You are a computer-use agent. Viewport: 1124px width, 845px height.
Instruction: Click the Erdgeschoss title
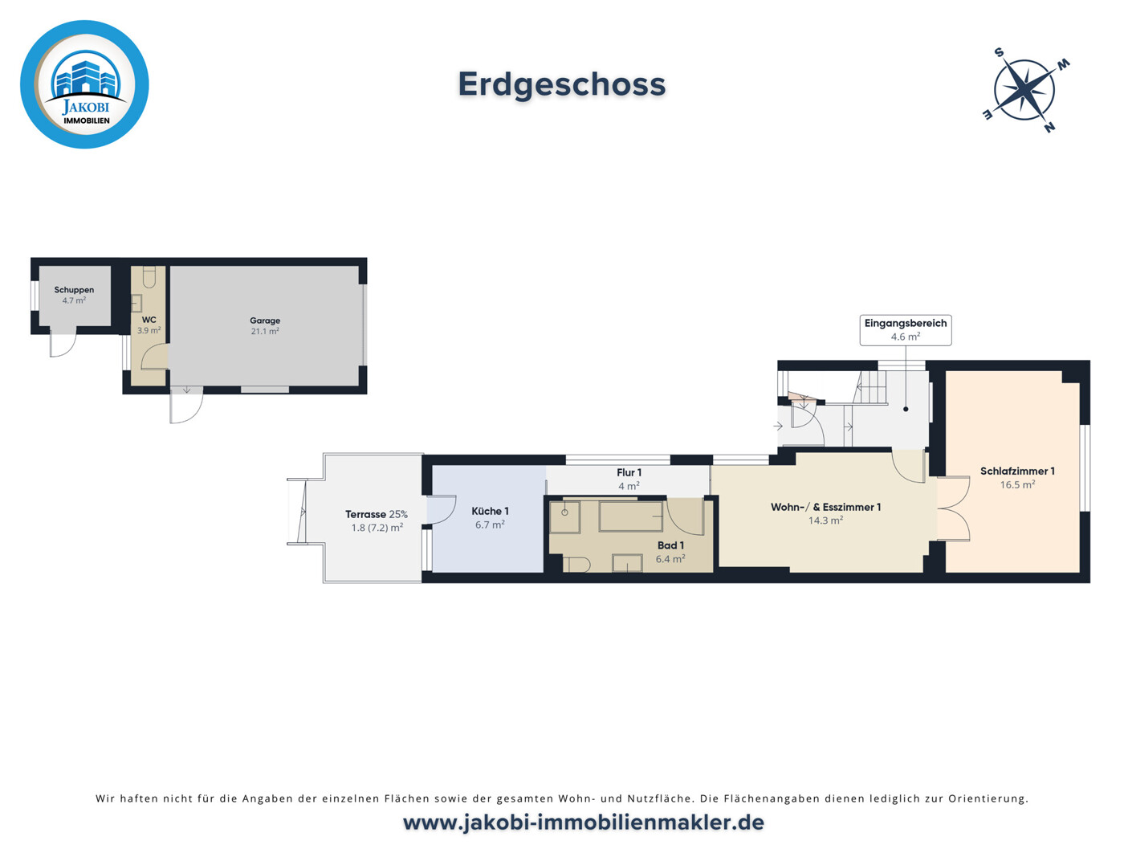tap(562, 84)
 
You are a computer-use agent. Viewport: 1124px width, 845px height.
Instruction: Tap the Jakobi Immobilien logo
tap(84, 84)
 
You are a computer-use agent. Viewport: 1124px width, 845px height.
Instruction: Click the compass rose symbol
tap(1024, 89)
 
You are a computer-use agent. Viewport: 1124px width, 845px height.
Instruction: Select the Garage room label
tap(265, 320)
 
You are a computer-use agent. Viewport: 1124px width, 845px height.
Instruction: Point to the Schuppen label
tap(74, 290)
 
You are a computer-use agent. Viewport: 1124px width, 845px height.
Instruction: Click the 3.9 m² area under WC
tap(149, 331)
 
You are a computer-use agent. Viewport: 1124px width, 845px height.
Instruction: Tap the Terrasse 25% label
tap(377, 514)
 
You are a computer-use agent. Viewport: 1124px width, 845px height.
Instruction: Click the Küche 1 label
tap(490, 511)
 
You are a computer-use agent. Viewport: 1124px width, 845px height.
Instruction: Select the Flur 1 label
tap(629, 473)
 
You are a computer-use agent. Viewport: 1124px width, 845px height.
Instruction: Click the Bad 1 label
tap(670, 545)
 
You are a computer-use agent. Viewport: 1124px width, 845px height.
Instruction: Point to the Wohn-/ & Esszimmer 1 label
tap(825, 507)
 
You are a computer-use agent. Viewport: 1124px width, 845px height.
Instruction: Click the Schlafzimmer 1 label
tap(1017, 471)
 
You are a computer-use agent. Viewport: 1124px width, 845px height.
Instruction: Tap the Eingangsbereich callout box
tap(906, 329)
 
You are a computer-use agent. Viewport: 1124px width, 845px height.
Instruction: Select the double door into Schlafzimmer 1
tap(954, 509)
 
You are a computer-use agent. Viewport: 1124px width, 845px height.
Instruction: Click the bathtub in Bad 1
tap(631, 516)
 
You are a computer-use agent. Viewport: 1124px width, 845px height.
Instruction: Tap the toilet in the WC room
tap(149, 277)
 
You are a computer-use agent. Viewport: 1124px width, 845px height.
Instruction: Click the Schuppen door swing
tap(63, 343)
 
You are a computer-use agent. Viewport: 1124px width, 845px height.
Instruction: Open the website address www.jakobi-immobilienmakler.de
tap(583, 823)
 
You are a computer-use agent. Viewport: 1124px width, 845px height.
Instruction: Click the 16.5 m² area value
tap(1017, 485)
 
